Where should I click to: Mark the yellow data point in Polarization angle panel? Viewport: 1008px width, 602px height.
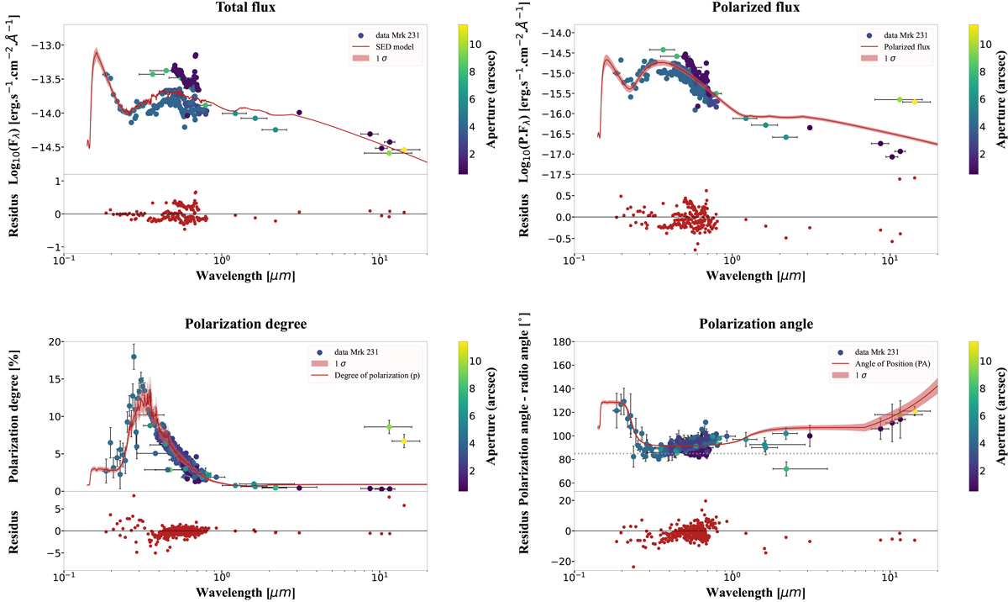click(x=915, y=410)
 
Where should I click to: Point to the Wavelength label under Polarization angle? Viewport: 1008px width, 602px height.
click(x=755, y=594)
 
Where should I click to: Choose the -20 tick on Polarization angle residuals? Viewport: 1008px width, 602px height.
click(x=558, y=562)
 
